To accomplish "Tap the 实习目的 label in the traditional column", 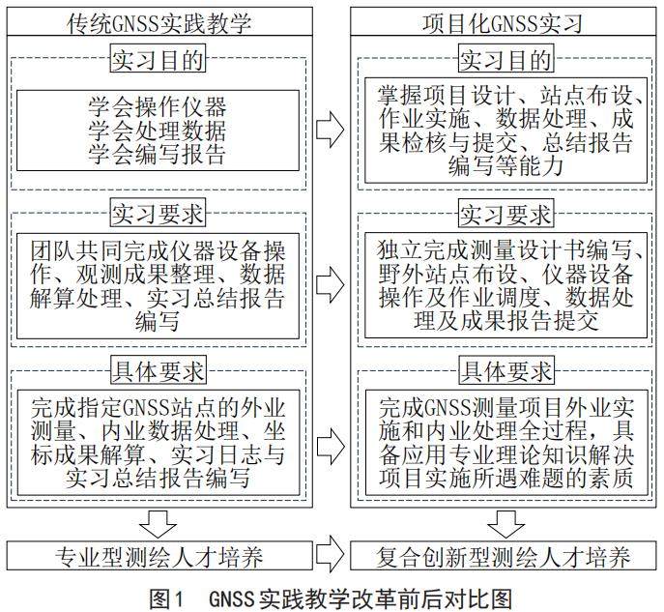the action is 158,60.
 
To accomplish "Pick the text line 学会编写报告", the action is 158,150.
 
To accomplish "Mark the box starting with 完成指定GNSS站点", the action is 158,440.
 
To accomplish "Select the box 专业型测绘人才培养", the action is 158,557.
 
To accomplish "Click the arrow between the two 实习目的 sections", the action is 332,127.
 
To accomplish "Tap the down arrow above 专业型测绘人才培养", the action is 158,523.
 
